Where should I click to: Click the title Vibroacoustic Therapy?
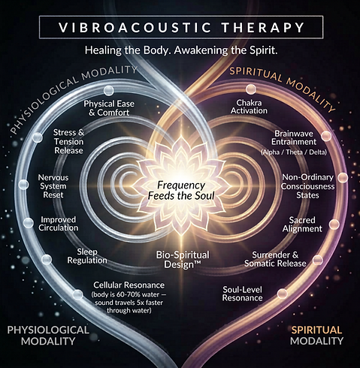click(181, 27)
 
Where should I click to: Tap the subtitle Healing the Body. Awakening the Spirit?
click(181, 50)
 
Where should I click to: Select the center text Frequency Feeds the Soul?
click(181, 190)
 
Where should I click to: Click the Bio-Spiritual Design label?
click(183, 260)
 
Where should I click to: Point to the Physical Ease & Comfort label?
click(109, 108)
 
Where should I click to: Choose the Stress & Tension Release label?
click(68, 141)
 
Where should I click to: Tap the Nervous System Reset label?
click(53, 186)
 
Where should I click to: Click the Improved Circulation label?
click(59, 224)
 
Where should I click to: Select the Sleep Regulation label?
click(87, 256)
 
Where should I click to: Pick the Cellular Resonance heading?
click(129, 285)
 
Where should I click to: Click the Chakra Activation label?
click(249, 107)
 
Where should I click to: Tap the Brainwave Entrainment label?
click(294, 137)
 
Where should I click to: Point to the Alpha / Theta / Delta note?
click(294, 152)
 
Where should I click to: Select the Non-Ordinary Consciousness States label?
click(307, 186)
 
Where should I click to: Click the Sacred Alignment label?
click(302, 225)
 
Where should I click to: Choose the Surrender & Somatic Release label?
click(275, 259)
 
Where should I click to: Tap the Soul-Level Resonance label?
click(242, 294)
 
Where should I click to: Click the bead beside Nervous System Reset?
click(23, 185)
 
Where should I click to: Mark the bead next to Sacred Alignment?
click(334, 225)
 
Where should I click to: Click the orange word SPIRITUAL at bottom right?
click(316, 330)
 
